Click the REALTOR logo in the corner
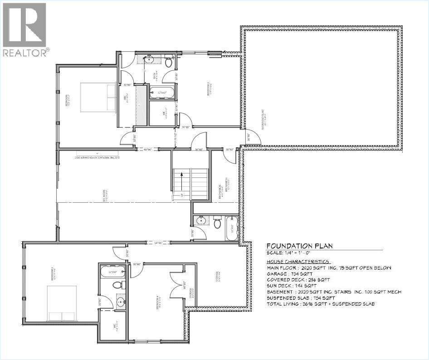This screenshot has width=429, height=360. pyautogui.click(x=24, y=29)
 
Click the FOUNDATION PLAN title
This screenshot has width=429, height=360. pyautogui.click(x=299, y=246)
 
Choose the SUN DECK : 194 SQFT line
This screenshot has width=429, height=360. pyautogui.click(x=291, y=286)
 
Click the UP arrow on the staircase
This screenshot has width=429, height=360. pyautogui.click(x=180, y=181)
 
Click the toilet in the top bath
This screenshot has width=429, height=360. pyautogui.click(x=169, y=62)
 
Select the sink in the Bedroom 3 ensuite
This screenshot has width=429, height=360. pyautogui.click(x=120, y=301)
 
